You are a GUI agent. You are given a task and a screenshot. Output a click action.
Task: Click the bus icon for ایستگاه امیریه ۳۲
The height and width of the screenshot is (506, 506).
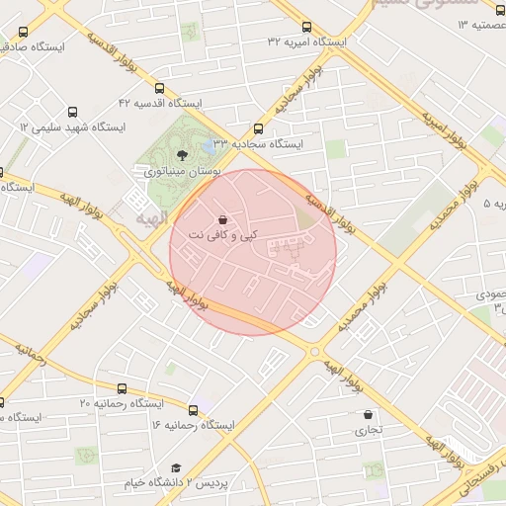(x=306, y=28)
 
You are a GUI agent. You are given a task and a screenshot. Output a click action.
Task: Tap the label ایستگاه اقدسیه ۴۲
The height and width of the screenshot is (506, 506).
(x=159, y=103)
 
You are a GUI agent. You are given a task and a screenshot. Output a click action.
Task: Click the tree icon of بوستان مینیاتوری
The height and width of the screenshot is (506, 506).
(x=181, y=154)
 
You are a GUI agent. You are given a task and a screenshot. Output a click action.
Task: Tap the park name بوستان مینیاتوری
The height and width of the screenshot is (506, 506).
(x=182, y=171)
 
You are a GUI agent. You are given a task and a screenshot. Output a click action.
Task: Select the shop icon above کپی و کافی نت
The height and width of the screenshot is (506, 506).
(x=223, y=219)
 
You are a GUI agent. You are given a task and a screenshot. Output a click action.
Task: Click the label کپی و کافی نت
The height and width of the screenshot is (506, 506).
(x=222, y=235)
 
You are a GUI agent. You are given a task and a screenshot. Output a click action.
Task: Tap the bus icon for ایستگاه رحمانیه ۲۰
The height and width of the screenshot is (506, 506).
(x=122, y=389)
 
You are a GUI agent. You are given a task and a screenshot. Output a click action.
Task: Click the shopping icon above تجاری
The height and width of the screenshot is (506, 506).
(x=368, y=415)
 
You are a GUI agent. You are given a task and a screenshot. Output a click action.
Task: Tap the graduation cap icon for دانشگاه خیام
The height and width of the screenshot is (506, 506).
(x=176, y=467)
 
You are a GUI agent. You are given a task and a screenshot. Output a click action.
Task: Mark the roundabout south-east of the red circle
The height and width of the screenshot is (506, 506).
(x=314, y=351)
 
